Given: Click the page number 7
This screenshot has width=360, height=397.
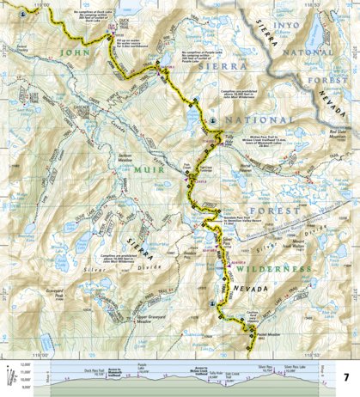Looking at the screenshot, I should coord(346,378).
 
